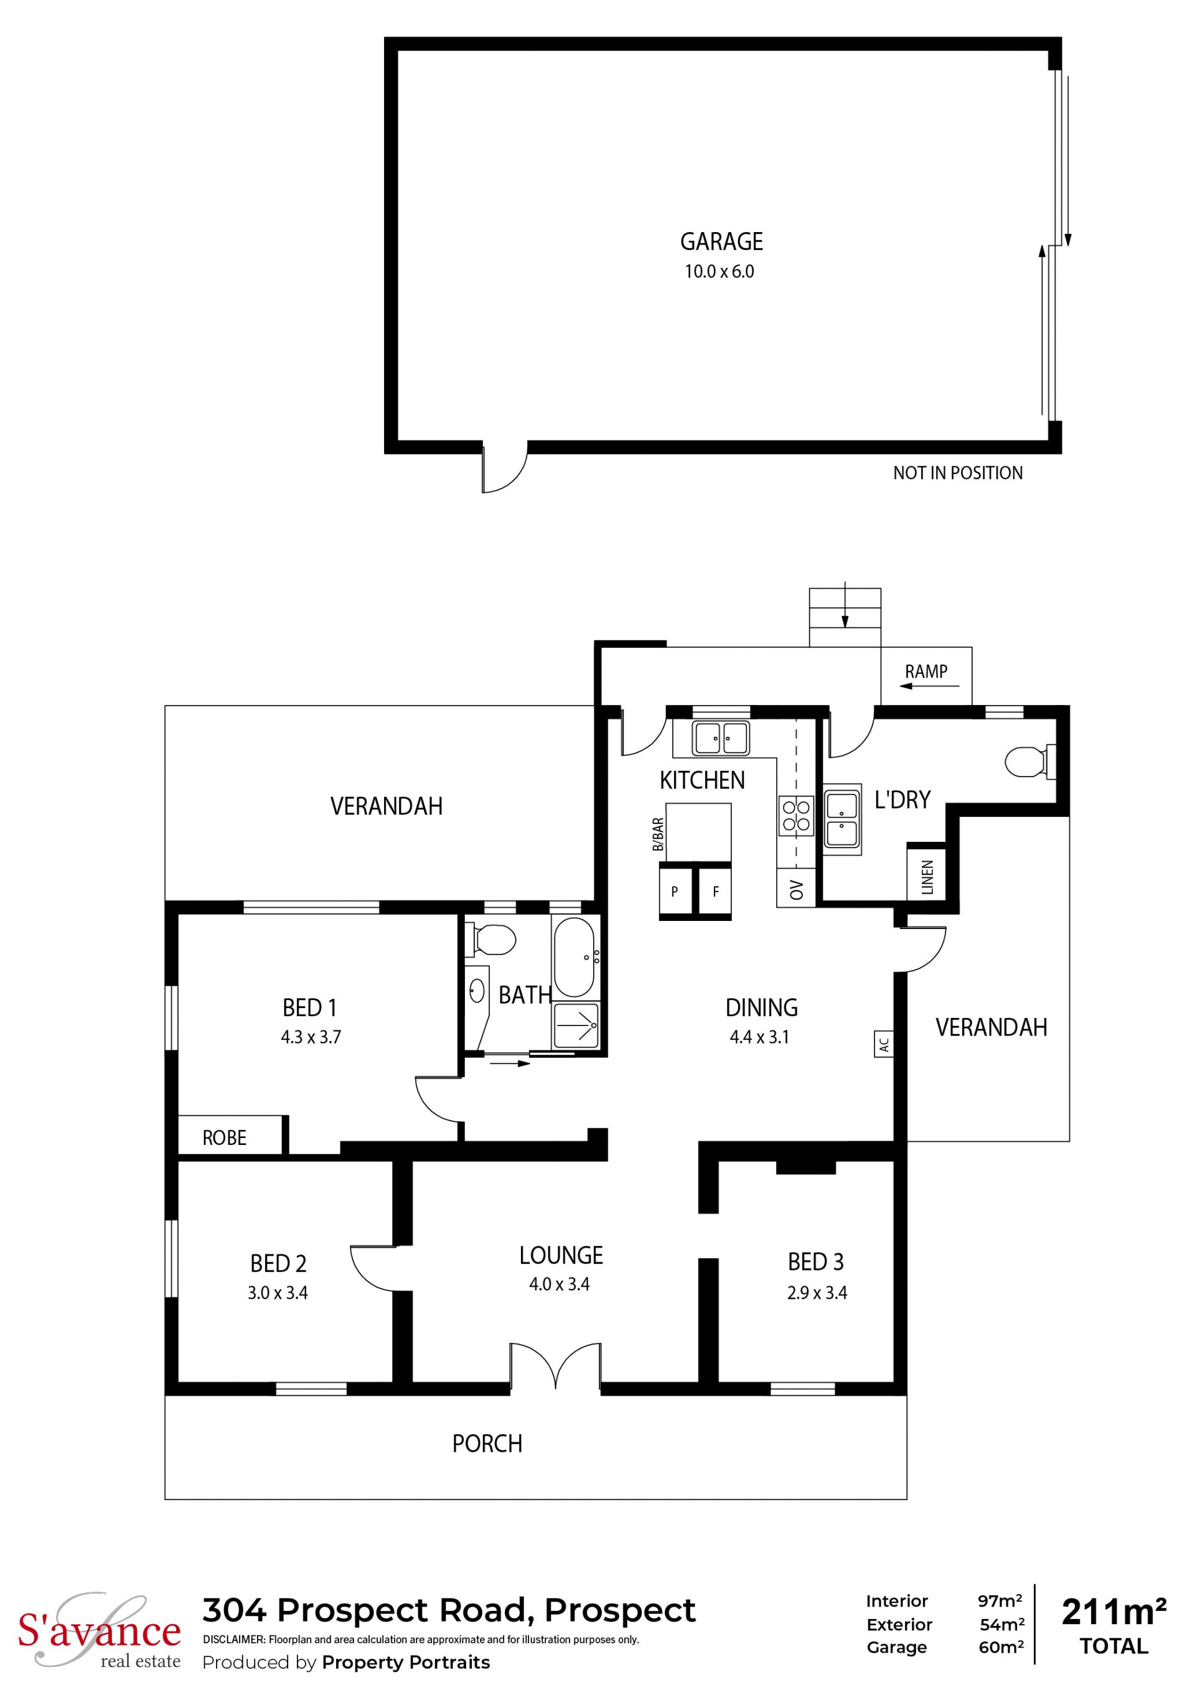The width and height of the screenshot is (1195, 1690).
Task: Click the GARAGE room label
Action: (721, 241)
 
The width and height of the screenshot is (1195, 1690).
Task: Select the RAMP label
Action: (926, 671)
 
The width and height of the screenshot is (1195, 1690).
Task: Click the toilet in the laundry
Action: (1030, 761)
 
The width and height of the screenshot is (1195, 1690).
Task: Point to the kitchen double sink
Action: (720, 737)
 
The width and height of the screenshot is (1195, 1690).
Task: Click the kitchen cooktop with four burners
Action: (796, 816)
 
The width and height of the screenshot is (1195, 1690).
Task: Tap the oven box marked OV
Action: (796, 889)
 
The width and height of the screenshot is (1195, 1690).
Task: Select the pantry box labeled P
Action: (675, 892)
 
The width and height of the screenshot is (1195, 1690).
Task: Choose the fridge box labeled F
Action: (715, 892)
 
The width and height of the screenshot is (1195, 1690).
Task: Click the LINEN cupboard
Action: (926, 877)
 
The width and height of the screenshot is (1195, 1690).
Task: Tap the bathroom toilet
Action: (491, 939)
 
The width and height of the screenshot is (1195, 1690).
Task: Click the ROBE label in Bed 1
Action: (225, 1138)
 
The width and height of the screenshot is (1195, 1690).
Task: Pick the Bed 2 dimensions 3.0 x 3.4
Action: (278, 1292)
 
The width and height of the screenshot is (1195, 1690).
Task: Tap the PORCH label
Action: (487, 1444)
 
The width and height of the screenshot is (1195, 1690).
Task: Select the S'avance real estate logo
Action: (100, 1630)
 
